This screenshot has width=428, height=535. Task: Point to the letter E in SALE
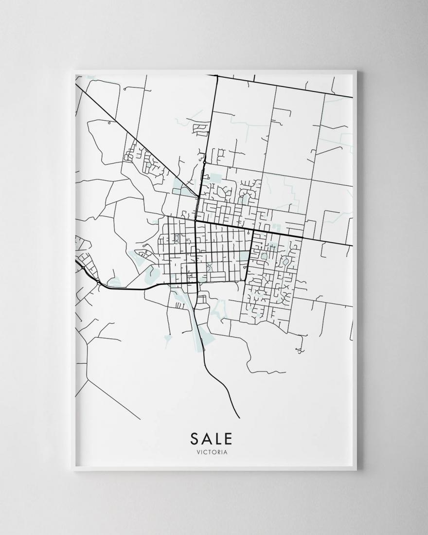229,439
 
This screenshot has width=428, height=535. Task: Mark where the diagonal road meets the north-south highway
196,197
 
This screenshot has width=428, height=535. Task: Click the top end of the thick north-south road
216,75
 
